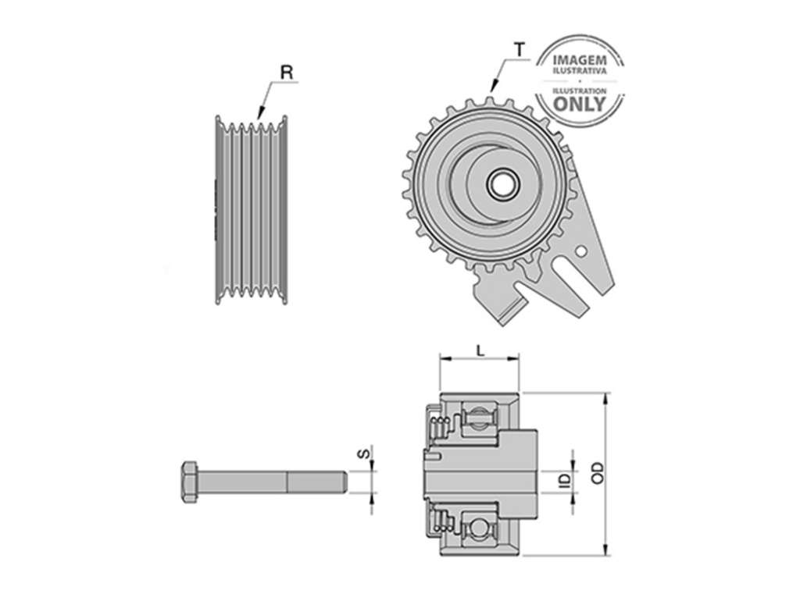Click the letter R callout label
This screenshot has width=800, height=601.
[x=287, y=73]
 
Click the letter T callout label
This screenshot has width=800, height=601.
[x=519, y=49]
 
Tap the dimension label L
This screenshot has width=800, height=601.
[x=480, y=350]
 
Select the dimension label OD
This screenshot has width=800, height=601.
[x=598, y=472]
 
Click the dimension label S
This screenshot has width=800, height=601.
[x=362, y=453]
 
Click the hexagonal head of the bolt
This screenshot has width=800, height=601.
[x=189, y=482]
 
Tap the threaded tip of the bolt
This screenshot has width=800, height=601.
[x=344, y=482]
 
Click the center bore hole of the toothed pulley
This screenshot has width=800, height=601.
[x=502, y=184]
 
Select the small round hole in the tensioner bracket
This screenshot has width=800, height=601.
[x=580, y=251]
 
